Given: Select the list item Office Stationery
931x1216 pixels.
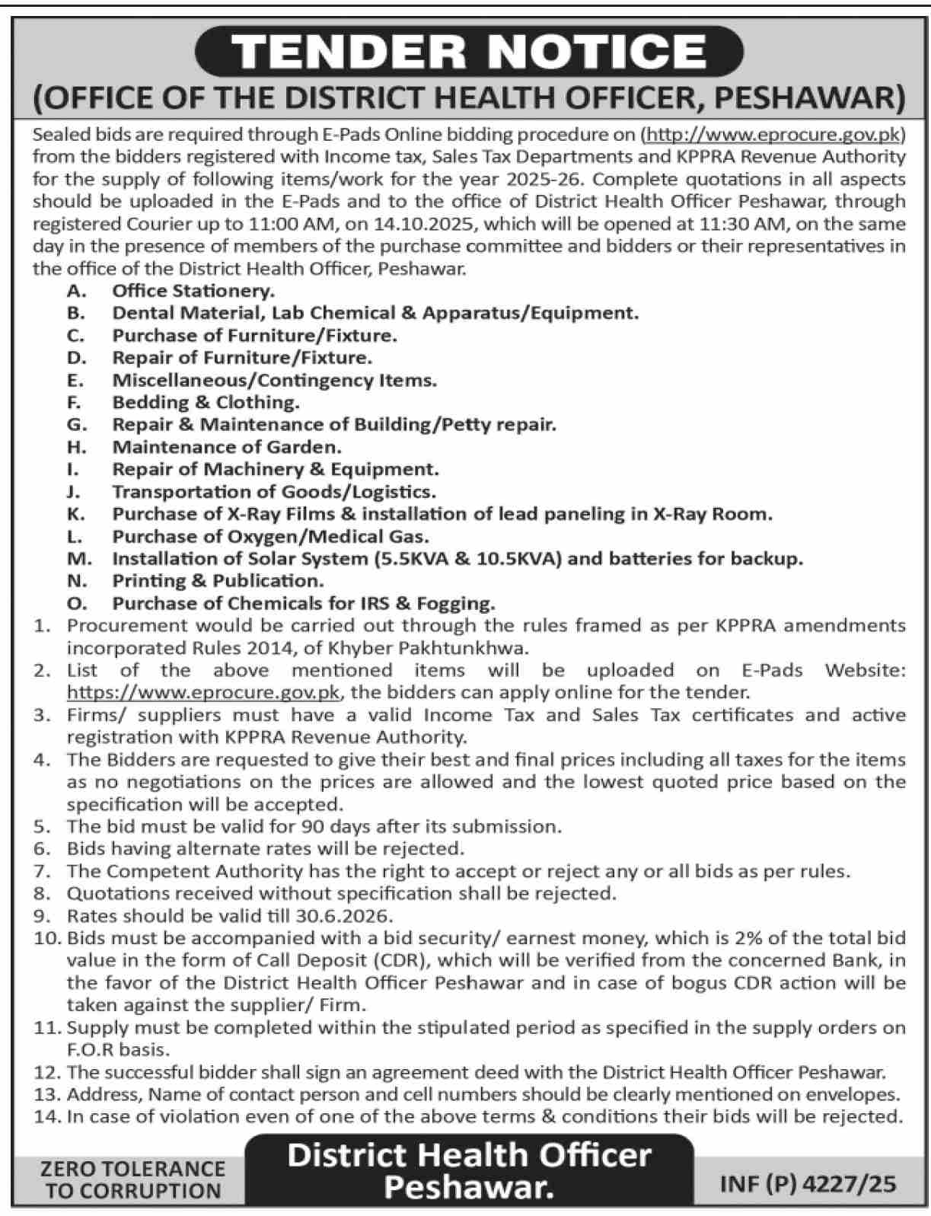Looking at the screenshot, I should [x=193, y=290].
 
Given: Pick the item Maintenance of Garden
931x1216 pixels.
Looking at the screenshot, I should [x=227, y=446].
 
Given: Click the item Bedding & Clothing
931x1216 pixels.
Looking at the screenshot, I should [x=206, y=402].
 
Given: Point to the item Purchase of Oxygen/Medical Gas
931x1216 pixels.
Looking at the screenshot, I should [x=270, y=536].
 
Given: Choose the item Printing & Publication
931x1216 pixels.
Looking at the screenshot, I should [x=218, y=580].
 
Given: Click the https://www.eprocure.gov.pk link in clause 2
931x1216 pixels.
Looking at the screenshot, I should [x=203, y=692].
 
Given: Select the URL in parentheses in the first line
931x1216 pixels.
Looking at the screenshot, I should [x=773, y=135].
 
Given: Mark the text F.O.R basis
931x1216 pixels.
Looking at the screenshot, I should [x=117, y=1049].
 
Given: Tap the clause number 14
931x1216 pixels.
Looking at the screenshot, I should [x=46, y=1116].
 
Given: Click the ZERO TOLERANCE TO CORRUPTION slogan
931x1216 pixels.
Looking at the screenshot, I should [x=133, y=1179].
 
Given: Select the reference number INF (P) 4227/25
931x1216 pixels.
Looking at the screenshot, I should [x=808, y=1183].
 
